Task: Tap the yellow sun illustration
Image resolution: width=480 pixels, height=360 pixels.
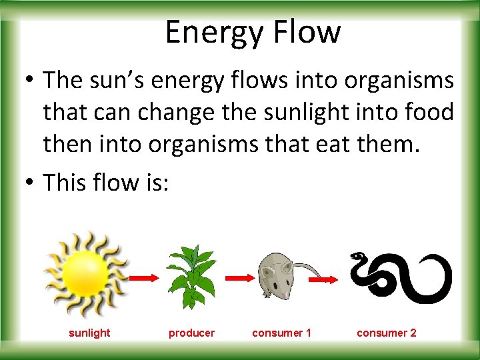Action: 86,274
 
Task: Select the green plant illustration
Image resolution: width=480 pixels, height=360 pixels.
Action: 191,275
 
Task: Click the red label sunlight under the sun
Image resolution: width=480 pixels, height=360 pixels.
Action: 89,333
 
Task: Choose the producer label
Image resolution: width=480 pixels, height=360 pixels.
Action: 191,333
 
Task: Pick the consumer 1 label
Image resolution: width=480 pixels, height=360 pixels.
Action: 281,333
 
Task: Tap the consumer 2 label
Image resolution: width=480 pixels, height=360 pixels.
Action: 386,333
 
